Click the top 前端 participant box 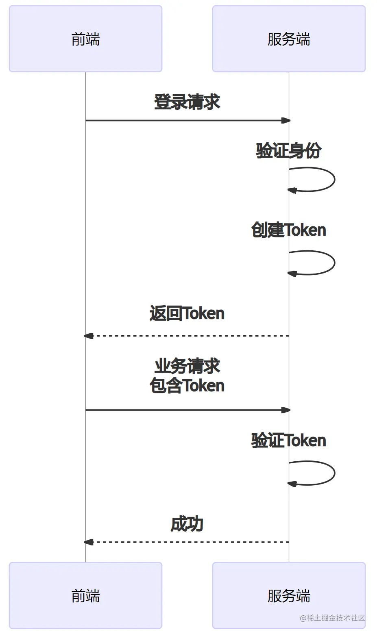pos(85,39)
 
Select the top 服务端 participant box pos(289,39)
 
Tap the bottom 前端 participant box pos(85,595)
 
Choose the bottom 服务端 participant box pos(289,595)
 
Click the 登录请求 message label pos(187,102)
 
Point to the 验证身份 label pos(289,150)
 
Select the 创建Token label pos(289,230)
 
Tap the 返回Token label pos(187,313)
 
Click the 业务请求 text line pos(187,366)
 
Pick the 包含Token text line pos(187,385)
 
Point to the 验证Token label pos(289,441)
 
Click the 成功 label pos(187,524)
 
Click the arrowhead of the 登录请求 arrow pos(286,121)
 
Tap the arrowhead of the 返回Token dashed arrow pos(89,336)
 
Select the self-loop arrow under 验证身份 pos(335,180)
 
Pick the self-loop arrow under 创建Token pos(335,263)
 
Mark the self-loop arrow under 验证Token pos(335,473)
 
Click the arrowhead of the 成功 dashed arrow pos(89,542)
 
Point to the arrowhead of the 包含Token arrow pos(286,410)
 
